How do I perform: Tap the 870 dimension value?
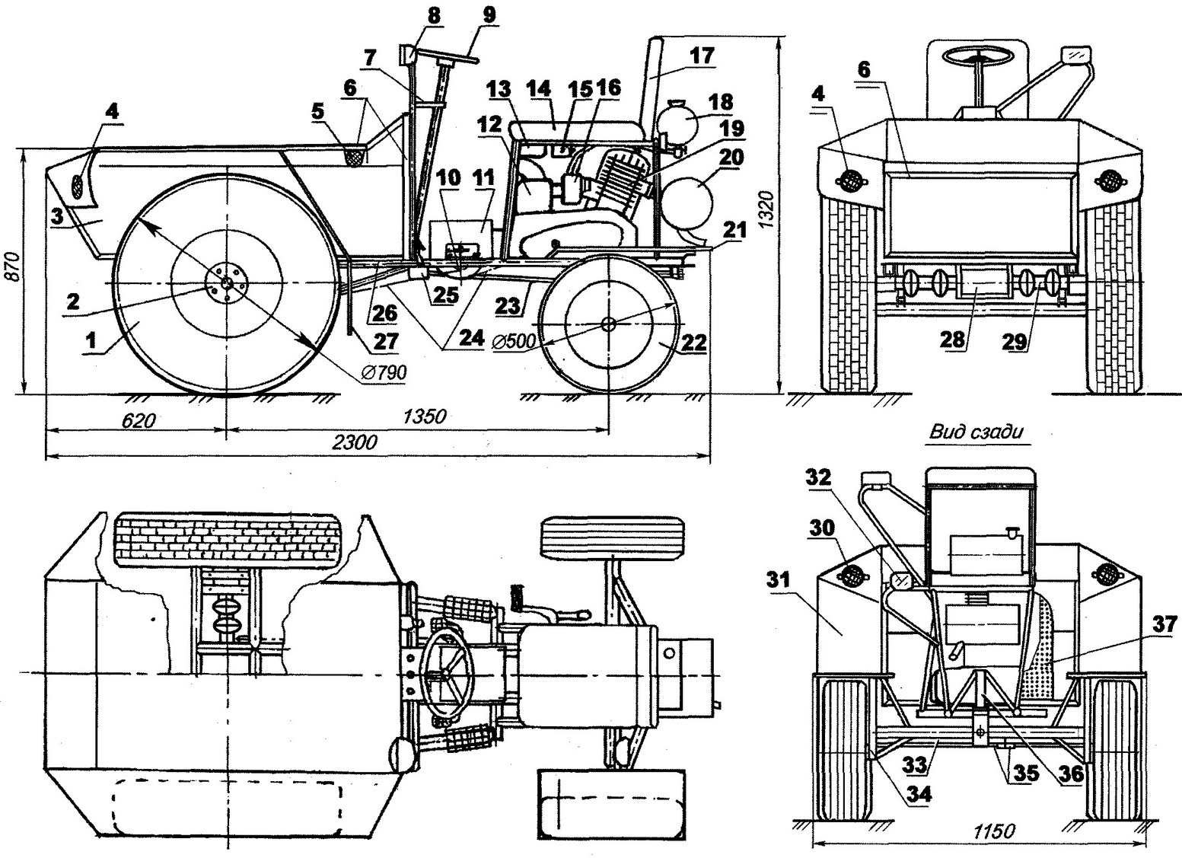point(14,266)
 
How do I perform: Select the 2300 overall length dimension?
point(355,442)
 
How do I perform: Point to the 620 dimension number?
point(139,420)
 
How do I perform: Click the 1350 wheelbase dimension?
point(425,417)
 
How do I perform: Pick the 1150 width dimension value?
point(993,831)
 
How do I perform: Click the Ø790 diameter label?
point(384,372)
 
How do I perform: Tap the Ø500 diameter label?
point(514,342)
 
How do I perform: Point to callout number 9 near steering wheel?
point(489,14)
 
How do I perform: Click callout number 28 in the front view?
point(952,340)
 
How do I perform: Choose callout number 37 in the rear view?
point(1164,625)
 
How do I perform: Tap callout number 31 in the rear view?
point(778,579)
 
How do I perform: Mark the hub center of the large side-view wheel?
point(227,283)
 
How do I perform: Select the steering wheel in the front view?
point(978,56)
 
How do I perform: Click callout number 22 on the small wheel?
point(693,343)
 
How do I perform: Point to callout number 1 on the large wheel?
point(91,340)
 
